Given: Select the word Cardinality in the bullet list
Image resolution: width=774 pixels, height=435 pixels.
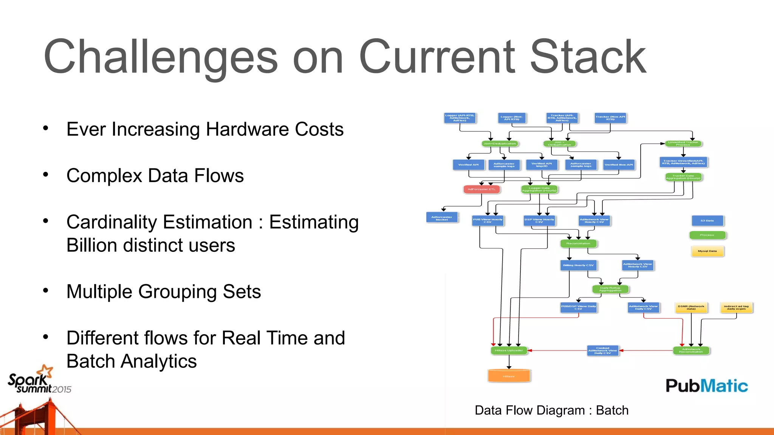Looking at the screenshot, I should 159,222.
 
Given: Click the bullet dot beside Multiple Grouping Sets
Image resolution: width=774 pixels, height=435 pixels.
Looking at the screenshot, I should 46,291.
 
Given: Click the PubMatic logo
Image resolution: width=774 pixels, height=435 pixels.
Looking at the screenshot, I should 706,386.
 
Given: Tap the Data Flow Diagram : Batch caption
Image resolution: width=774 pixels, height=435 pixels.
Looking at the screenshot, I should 551,410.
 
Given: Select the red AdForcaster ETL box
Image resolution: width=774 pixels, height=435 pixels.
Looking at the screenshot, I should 481,189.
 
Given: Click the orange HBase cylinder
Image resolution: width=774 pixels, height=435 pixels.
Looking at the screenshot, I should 509,376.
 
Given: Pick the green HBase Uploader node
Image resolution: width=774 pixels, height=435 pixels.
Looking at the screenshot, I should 509,350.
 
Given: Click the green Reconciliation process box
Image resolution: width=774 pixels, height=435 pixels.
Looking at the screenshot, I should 578,244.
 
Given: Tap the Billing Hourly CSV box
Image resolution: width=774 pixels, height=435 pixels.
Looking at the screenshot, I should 578,265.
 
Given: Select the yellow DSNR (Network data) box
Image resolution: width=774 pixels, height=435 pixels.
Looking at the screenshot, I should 691,308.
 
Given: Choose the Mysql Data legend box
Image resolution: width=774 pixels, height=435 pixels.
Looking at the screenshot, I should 707,251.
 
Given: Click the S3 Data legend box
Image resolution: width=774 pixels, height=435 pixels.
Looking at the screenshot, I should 707,221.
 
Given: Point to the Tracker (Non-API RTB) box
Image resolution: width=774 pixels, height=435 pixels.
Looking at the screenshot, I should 610,118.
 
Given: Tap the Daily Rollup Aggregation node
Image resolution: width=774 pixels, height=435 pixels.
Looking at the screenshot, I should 610,289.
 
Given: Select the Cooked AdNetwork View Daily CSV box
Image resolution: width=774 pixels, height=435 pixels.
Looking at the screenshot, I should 602,350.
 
